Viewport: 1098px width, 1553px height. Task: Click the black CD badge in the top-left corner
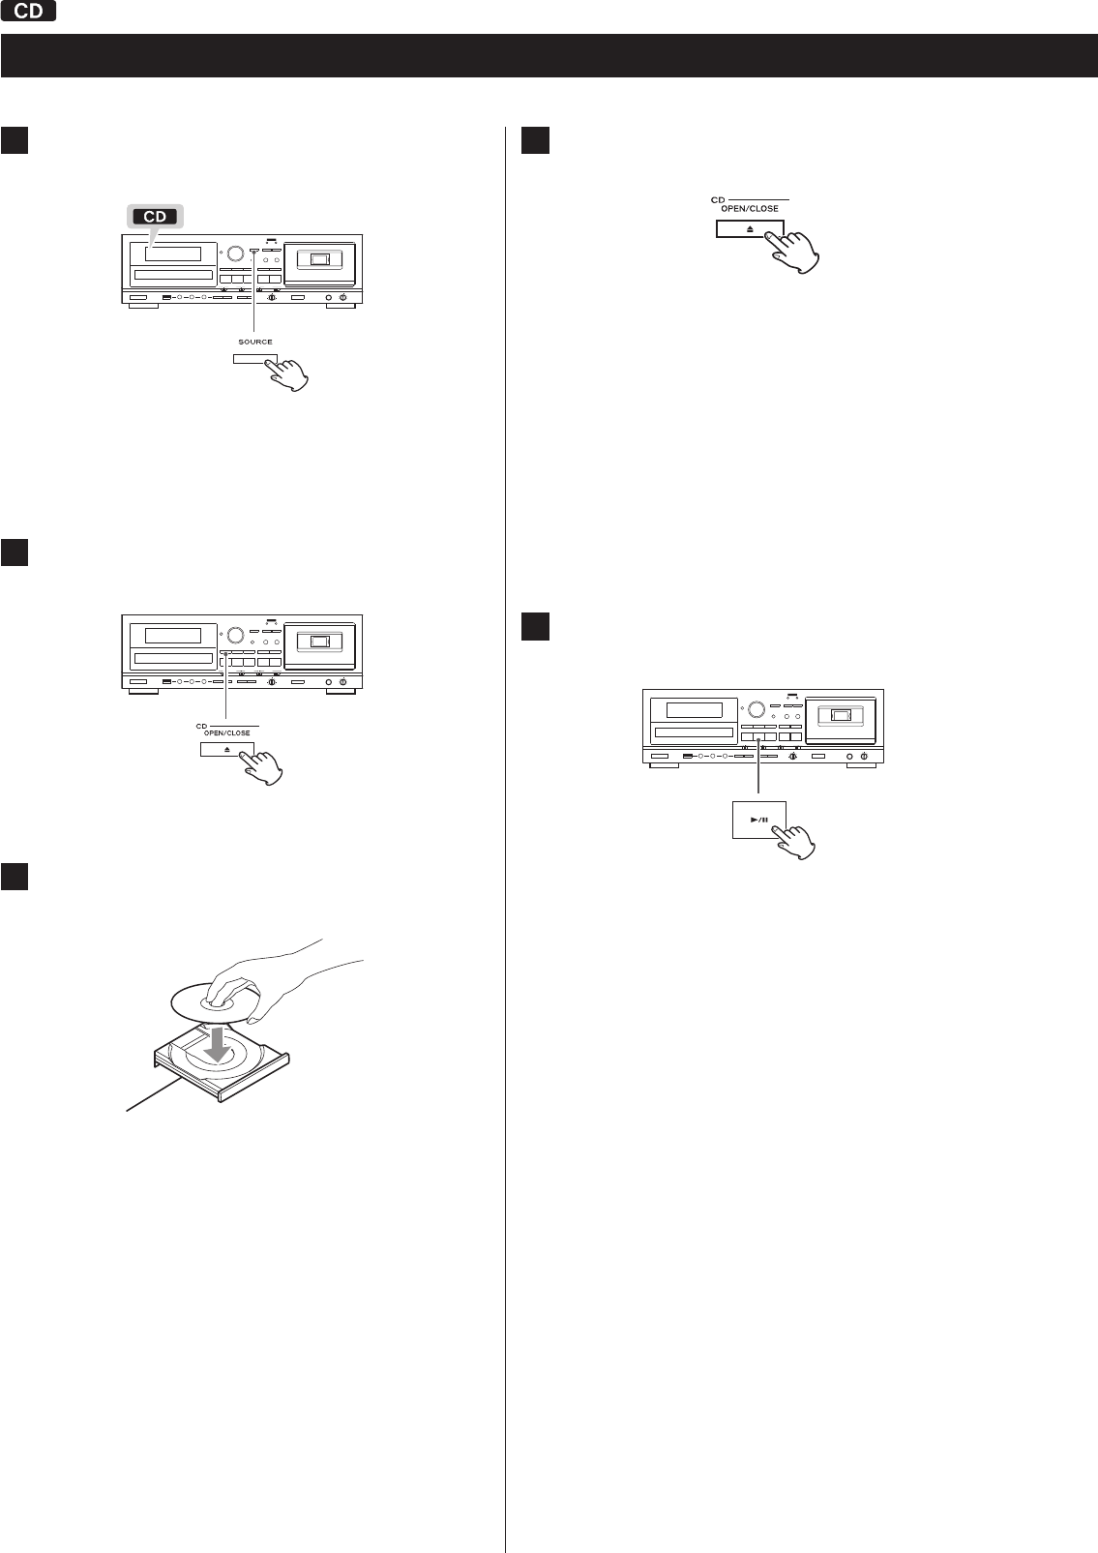point(28,11)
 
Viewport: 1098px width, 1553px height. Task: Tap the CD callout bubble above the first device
point(156,217)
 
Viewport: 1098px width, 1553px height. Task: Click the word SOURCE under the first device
point(255,342)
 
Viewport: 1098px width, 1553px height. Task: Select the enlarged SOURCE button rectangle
point(255,359)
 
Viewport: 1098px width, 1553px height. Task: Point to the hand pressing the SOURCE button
point(288,373)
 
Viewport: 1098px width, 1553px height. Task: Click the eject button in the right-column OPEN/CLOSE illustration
point(750,228)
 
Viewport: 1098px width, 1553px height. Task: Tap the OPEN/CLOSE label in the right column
point(750,209)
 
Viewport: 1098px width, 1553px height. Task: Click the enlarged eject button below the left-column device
point(227,749)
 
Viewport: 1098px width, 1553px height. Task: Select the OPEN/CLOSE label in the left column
point(226,732)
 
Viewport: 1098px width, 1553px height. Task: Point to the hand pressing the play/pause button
point(794,841)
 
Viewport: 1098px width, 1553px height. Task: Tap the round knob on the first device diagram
point(235,254)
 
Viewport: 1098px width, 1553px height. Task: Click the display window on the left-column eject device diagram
point(173,635)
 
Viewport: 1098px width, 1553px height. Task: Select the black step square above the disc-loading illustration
point(14,876)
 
